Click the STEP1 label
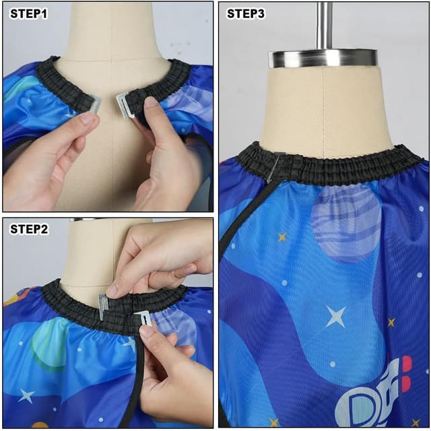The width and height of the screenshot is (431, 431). (29, 13)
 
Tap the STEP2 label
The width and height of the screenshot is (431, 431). (29, 229)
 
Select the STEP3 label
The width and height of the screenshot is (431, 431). (246, 13)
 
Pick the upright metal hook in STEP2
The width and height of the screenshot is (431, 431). (103, 306)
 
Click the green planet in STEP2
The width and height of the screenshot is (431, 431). (47, 343)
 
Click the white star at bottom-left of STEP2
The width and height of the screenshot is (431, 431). (26, 395)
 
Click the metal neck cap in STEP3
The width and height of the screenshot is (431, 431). (323, 59)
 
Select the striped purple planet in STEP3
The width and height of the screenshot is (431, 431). (345, 222)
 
